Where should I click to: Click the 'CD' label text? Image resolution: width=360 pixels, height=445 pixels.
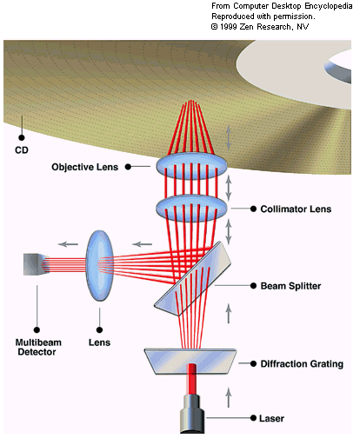point(22,150)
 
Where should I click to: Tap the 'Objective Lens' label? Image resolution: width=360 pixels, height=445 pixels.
point(85,167)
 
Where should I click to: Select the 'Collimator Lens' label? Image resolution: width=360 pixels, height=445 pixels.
point(296,209)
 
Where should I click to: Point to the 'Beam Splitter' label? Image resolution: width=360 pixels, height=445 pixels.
point(290,286)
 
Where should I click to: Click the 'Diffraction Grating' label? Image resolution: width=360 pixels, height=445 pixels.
point(302,363)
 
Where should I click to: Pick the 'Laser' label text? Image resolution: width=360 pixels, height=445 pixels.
point(271,418)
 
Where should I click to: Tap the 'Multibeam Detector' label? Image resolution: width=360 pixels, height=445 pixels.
point(38,347)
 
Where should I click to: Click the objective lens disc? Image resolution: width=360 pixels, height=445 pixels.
point(191,166)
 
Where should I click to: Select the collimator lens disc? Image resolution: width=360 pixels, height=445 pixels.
point(191,208)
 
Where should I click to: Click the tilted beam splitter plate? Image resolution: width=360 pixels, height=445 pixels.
point(193,278)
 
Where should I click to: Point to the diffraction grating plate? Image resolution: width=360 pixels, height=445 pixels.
point(190,361)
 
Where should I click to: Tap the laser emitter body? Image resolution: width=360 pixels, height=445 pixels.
point(192,414)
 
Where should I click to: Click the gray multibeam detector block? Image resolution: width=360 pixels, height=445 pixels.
point(34,264)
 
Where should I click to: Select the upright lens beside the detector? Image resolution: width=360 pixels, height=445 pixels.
point(100,266)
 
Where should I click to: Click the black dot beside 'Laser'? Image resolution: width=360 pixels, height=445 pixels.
point(253,418)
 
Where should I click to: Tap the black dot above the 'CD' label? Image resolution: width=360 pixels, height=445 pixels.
point(22,137)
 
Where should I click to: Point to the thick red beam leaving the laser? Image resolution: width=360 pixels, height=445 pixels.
point(191,379)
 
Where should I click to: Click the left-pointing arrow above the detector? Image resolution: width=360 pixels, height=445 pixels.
point(68,244)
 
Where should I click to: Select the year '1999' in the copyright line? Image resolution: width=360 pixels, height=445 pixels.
point(229,27)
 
